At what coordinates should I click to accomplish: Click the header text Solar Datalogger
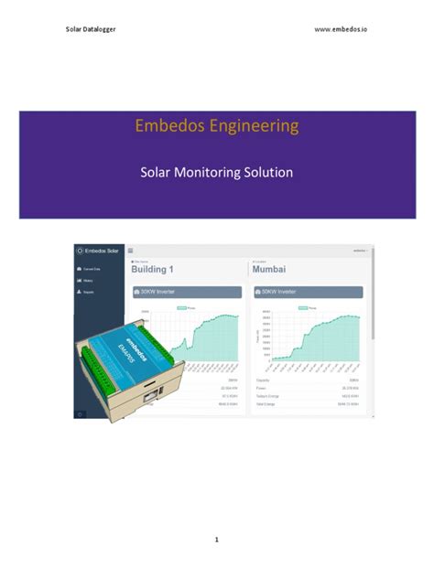[91, 29]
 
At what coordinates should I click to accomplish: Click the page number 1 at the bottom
[217, 540]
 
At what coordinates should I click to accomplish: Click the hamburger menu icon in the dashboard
[131, 250]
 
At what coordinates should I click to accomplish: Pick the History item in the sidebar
[88, 280]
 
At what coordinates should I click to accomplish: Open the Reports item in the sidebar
[88, 292]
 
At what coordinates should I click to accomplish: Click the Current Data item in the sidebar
[91, 269]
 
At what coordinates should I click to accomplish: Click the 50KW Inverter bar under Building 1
[187, 292]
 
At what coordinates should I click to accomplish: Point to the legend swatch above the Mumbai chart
[298, 308]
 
